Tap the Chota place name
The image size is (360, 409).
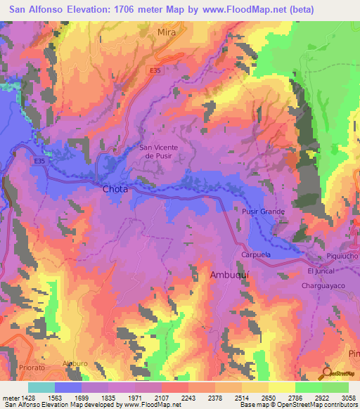(115, 189)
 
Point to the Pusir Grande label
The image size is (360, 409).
(264, 212)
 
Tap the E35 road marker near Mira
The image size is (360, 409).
(155, 70)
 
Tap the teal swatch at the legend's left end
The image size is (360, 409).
(41, 387)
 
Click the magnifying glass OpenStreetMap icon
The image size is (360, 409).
(326, 372)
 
